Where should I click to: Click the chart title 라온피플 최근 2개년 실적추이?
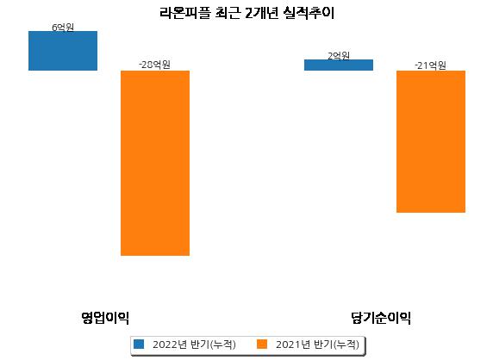click(246, 13)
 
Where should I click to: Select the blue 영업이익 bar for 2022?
click(63, 51)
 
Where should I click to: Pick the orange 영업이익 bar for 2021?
click(155, 163)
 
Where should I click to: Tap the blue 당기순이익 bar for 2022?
click(339, 65)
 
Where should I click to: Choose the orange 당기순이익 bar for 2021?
click(431, 142)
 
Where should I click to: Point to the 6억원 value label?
click(63, 28)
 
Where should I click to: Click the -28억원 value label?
click(154, 65)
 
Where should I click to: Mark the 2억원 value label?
click(339, 56)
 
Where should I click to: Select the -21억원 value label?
click(430, 65)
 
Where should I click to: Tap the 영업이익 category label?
click(105, 318)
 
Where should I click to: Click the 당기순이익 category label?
click(381, 318)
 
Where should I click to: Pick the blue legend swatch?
click(139, 344)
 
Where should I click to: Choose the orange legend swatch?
click(262, 344)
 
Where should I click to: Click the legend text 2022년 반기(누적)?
click(194, 344)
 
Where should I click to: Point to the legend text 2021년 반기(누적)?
click(317, 344)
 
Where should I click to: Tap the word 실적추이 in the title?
click(309, 13)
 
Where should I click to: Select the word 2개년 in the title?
click(261, 13)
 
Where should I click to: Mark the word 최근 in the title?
click(227, 13)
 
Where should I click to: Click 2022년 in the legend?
click(170, 344)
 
